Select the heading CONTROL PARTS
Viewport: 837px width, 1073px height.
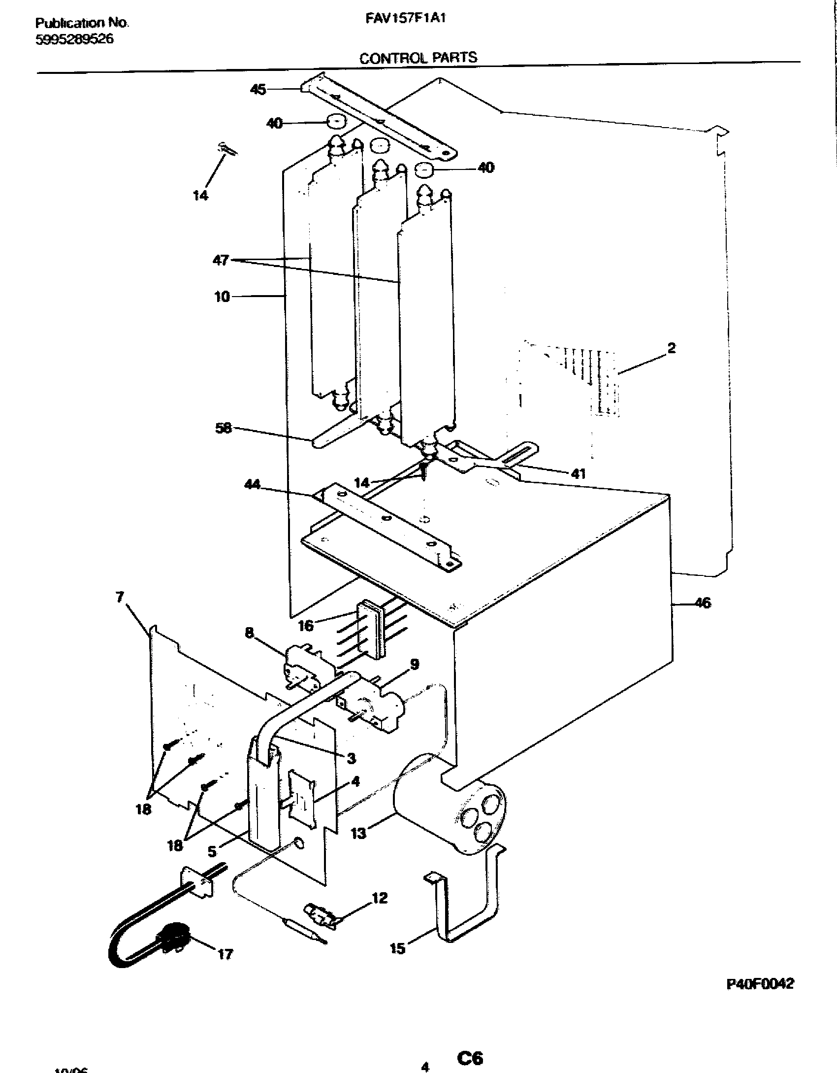click(x=418, y=58)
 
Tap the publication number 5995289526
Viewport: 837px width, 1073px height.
click(x=74, y=40)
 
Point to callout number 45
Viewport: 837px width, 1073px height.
click(x=258, y=89)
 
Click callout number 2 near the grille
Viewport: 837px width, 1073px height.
click(x=671, y=348)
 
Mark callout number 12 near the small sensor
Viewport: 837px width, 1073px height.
click(x=380, y=898)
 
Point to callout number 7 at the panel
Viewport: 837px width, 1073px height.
click(x=120, y=597)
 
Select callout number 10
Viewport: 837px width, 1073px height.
click(x=222, y=297)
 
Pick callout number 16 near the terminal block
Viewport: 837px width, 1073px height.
click(x=306, y=626)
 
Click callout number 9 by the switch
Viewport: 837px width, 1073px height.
click(x=415, y=665)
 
